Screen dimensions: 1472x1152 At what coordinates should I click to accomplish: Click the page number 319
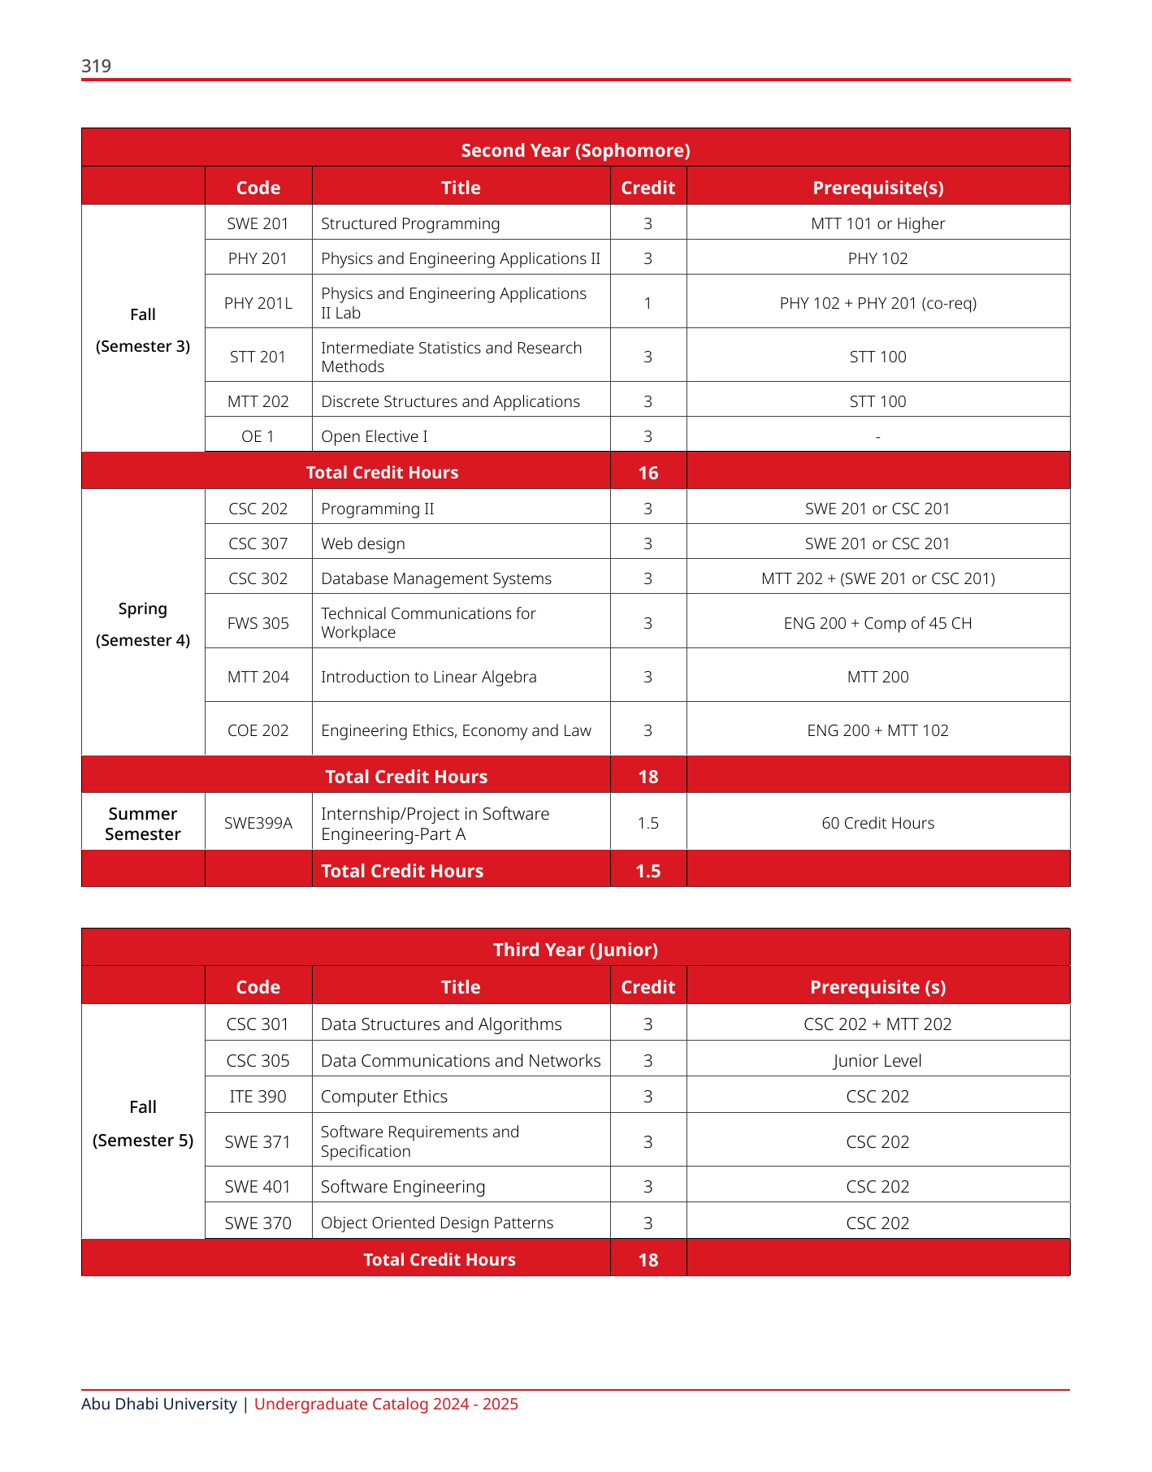(x=96, y=66)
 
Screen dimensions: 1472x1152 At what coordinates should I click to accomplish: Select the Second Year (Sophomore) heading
(x=575, y=150)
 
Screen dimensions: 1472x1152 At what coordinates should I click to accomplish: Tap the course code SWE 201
(x=258, y=223)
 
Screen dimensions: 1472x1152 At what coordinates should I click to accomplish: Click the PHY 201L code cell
(x=258, y=303)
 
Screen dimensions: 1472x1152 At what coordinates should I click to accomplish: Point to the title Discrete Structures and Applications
(x=450, y=401)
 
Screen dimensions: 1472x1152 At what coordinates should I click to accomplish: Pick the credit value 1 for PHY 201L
(x=647, y=303)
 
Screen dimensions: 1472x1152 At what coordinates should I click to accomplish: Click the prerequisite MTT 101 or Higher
(x=877, y=223)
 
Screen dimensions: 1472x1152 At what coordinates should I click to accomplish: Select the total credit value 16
(x=647, y=473)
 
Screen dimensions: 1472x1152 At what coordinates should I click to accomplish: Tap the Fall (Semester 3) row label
(x=143, y=330)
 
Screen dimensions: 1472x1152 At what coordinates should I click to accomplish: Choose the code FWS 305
(x=258, y=623)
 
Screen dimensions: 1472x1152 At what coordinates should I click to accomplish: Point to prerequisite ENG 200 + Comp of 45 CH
(x=877, y=623)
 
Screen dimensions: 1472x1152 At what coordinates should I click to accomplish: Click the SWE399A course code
(x=258, y=823)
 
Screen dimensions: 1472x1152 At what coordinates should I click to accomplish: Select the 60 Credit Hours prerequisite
(x=877, y=823)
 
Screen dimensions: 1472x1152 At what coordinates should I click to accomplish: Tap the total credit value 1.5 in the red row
(x=647, y=871)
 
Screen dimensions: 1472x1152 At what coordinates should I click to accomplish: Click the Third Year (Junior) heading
(x=575, y=950)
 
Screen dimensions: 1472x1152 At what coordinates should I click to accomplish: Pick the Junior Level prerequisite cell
(x=877, y=1061)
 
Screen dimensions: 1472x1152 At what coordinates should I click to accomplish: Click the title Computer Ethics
(x=384, y=1097)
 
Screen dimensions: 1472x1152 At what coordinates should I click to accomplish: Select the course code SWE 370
(x=258, y=1223)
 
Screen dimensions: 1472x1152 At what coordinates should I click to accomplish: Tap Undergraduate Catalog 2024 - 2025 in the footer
(x=386, y=1404)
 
